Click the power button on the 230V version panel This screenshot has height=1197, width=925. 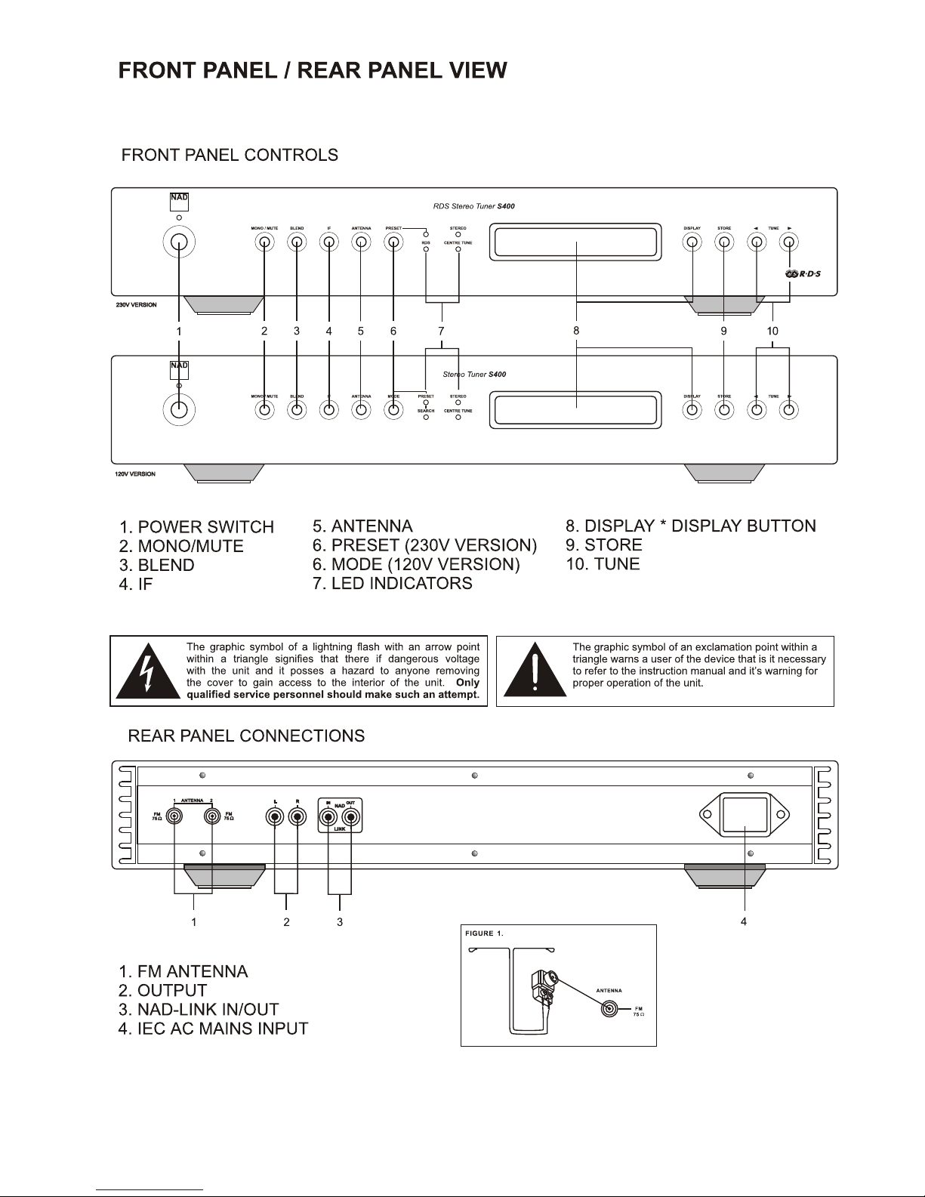point(179,242)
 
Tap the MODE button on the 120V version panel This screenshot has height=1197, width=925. point(393,410)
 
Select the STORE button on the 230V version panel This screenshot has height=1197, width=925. point(724,242)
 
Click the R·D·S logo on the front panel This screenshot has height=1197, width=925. point(803,273)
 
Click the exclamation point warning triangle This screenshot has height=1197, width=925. point(535,671)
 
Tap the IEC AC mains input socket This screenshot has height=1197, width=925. point(745,816)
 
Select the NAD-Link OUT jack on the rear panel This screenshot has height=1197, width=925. point(351,816)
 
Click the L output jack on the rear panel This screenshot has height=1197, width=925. point(276,816)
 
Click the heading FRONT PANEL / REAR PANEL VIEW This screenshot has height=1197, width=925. point(313,71)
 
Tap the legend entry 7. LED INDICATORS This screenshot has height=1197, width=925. point(392,583)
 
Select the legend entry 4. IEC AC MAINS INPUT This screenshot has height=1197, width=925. point(213,1029)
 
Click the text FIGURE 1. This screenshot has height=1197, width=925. point(484,933)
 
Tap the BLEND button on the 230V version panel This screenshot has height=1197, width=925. point(297,242)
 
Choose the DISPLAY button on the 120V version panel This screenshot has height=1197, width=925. point(692,410)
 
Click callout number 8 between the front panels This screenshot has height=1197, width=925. point(576,330)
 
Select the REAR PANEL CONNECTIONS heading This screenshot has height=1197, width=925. point(246,736)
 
